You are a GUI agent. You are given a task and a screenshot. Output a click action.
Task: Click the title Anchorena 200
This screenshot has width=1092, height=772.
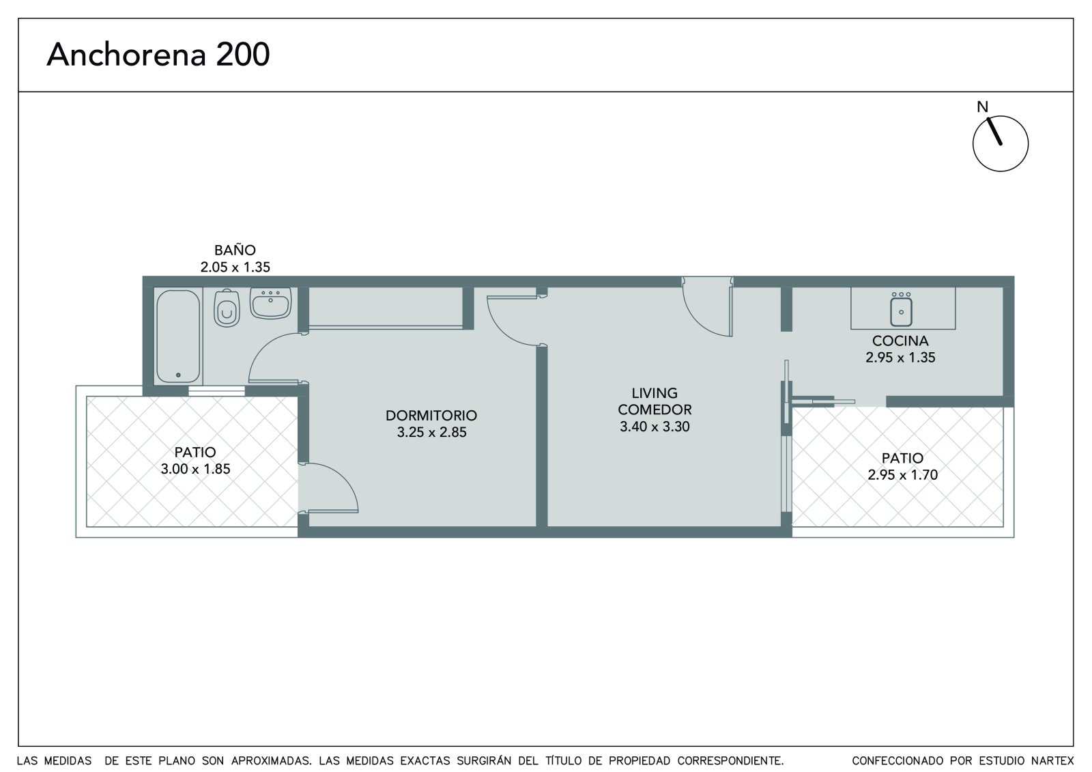(158, 54)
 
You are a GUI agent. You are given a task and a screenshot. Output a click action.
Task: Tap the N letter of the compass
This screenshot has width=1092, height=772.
(982, 106)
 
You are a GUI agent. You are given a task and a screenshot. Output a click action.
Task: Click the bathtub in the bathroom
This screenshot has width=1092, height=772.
(178, 337)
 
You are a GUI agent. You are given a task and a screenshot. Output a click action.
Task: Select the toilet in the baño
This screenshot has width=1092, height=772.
(227, 309)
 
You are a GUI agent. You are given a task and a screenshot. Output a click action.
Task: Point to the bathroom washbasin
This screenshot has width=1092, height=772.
(270, 303)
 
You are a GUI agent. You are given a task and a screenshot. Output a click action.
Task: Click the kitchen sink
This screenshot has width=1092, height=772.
(901, 310)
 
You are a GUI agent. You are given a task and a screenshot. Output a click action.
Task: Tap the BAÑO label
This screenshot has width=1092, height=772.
(235, 251)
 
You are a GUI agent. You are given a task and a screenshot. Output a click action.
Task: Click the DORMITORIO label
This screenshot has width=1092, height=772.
(431, 416)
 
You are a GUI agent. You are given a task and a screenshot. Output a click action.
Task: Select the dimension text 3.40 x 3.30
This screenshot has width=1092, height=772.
(655, 427)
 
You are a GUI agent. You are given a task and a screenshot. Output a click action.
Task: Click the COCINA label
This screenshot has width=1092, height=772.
(900, 341)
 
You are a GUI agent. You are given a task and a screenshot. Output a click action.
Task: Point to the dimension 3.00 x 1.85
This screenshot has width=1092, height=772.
(195, 469)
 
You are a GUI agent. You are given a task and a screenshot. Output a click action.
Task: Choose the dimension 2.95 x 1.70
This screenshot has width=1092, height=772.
(902, 475)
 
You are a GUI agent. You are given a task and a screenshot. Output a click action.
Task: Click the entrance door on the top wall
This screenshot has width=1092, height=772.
(708, 306)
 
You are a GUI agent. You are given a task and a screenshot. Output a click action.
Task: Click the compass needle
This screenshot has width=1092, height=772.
(994, 132)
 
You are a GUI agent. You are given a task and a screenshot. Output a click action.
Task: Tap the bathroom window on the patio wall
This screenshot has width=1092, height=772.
(216, 390)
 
